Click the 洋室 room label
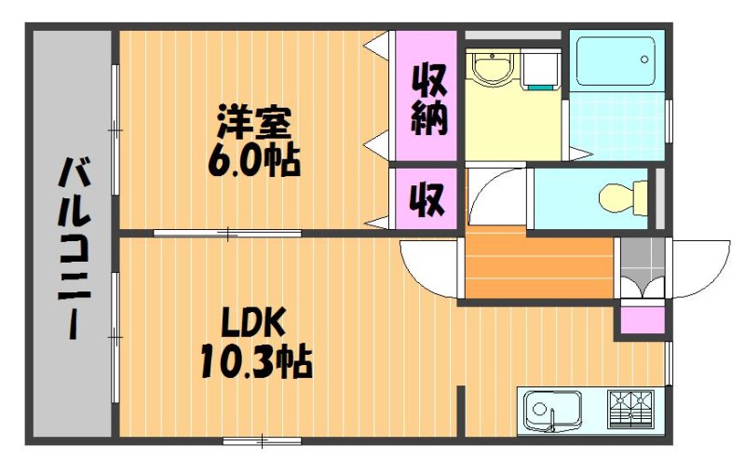pyautogui.click(x=253, y=122)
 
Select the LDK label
pyautogui.click(x=253, y=323)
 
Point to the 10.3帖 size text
pyautogui.click(x=255, y=361)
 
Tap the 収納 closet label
pyautogui.click(x=428, y=100)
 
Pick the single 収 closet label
pyautogui.click(x=427, y=199)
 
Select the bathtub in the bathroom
pyautogui.click(x=616, y=61)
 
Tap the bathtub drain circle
pyautogui.click(x=644, y=60)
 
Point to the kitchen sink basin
pyautogui.click(x=552, y=410)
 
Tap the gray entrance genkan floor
pyautogui.click(x=643, y=267)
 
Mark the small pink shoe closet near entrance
pyautogui.click(x=643, y=320)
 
